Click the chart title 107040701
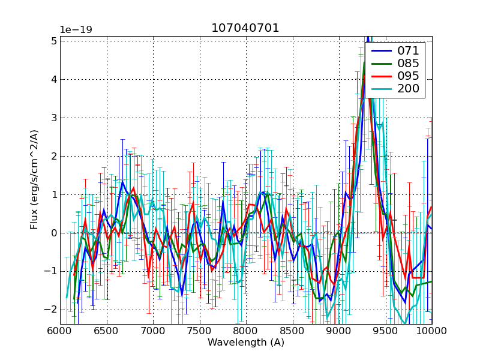(245, 28)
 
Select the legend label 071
(409, 50)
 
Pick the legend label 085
(409, 63)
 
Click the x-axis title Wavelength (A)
(246, 343)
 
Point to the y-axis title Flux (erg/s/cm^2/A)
(34, 179)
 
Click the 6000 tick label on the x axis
(60, 331)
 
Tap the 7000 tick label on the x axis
(153, 331)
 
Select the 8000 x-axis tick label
(246, 331)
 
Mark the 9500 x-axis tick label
(385, 331)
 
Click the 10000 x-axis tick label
(431, 331)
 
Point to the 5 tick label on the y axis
(53, 41)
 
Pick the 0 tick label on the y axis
(53, 233)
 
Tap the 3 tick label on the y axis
(53, 118)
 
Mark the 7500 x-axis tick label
(199, 331)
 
